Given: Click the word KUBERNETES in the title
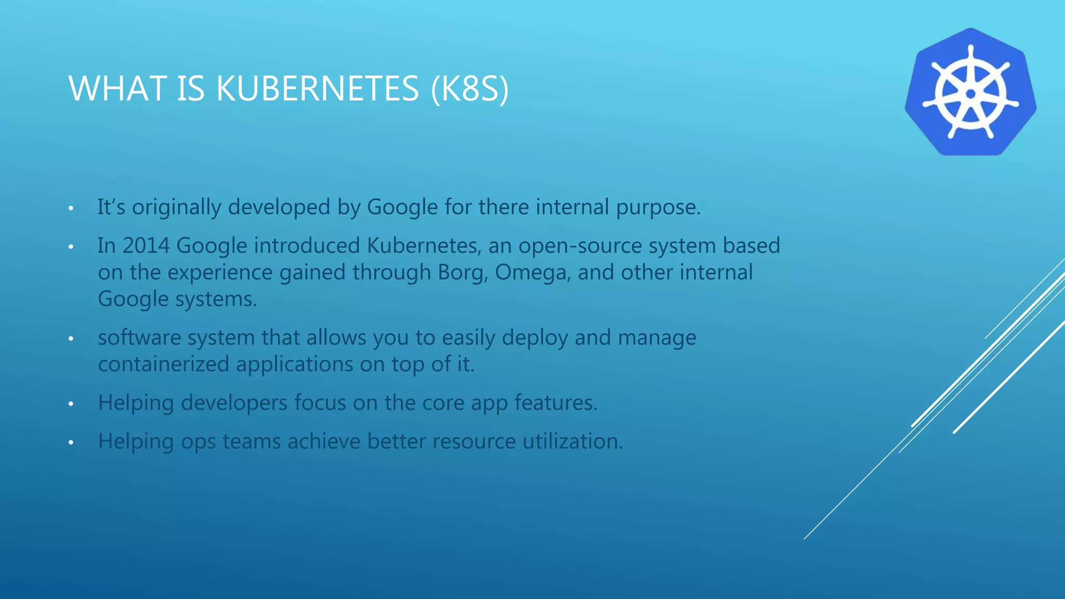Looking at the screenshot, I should coord(317,88).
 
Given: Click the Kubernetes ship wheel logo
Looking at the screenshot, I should coord(970,92).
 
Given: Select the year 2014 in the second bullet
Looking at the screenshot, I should coord(146,245).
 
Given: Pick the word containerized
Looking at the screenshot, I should coord(163,364).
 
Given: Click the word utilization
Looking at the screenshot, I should coord(572,441).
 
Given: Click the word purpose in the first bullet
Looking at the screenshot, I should coord(658,207).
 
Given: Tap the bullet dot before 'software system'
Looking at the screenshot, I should coord(71,339).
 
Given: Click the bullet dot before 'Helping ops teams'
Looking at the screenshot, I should coord(71,442).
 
